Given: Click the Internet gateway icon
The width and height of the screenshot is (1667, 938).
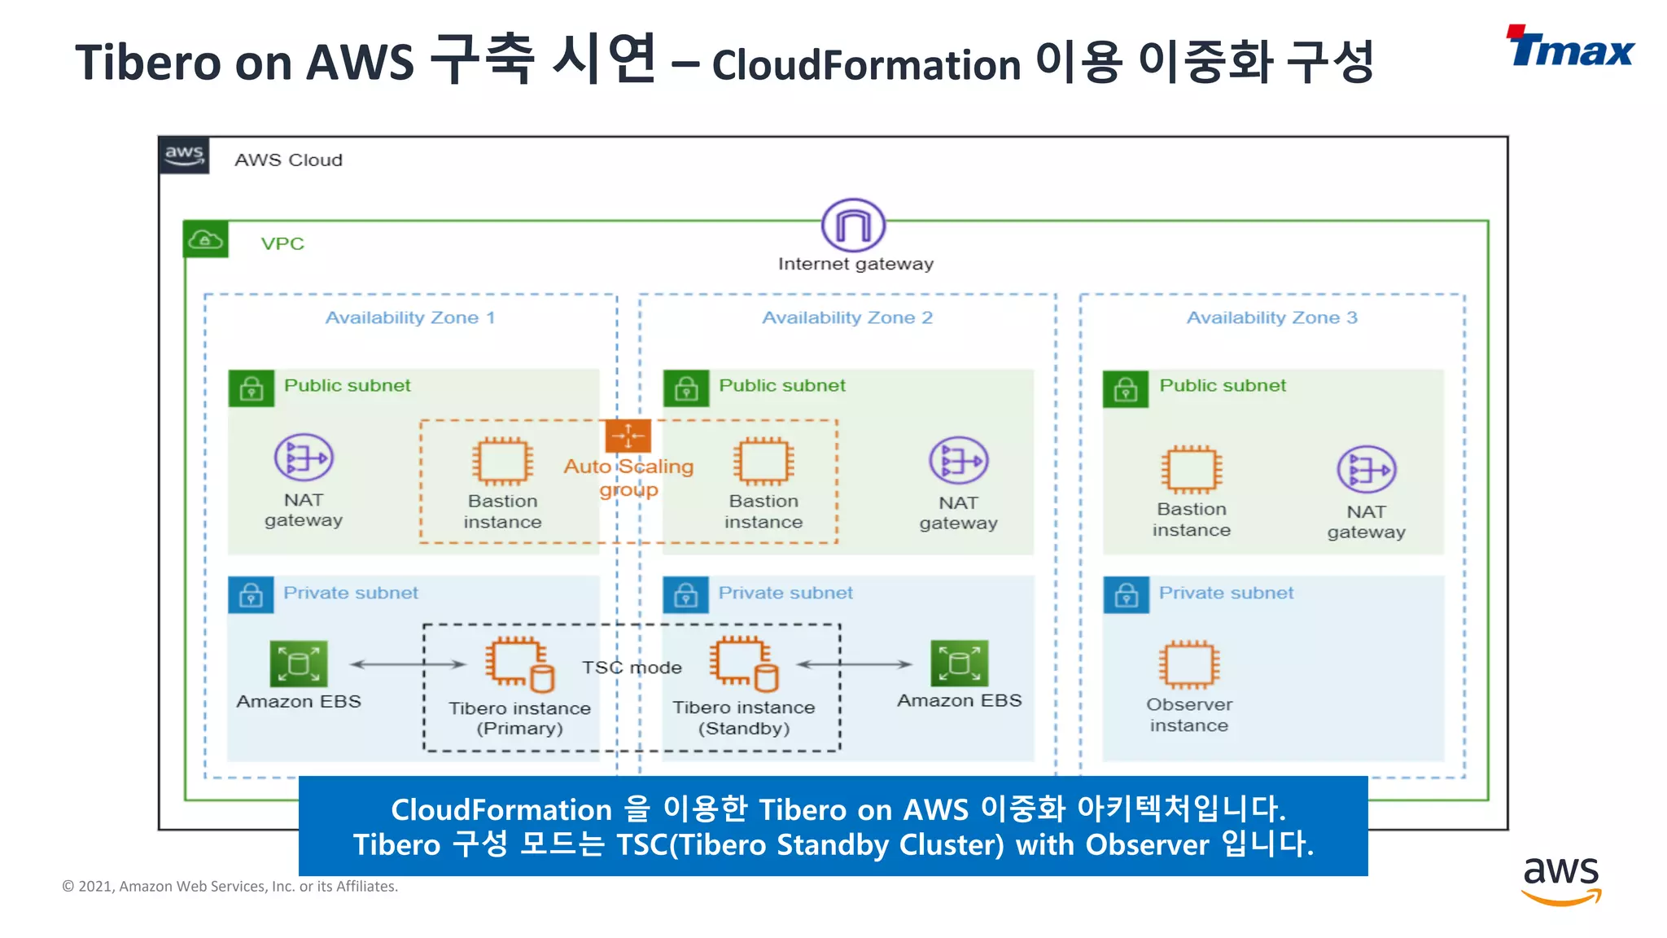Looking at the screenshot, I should [853, 226].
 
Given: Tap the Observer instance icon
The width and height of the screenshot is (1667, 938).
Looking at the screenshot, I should [1189, 664].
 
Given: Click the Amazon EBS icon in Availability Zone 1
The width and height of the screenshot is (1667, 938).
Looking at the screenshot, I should [299, 664].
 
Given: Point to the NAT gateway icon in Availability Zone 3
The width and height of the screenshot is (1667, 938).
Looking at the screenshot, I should [1366, 470].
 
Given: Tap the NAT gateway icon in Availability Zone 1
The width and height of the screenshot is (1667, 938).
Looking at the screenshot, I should [304, 458].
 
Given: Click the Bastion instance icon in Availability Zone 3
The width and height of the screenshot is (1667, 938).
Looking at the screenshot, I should [1191, 470].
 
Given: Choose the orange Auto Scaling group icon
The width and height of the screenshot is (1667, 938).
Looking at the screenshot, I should [628, 436].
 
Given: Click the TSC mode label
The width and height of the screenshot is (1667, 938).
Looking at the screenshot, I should [632, 668].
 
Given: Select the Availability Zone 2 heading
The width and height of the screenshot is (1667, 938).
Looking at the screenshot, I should [847, 318].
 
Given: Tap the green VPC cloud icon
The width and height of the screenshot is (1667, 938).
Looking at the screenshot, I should [205, 240].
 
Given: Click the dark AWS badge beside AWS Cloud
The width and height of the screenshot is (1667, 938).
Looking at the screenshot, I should [184, 155].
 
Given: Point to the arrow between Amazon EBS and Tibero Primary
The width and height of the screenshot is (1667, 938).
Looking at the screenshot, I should [407, 664].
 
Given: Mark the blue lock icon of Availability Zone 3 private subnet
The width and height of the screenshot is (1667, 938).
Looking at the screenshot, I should [1126, 595].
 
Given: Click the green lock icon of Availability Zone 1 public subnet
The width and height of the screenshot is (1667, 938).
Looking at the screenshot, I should [251, 388].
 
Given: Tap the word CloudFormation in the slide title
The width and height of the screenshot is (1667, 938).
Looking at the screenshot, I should [866, 65].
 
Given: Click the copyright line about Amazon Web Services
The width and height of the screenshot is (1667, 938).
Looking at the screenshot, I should [230, 886].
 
